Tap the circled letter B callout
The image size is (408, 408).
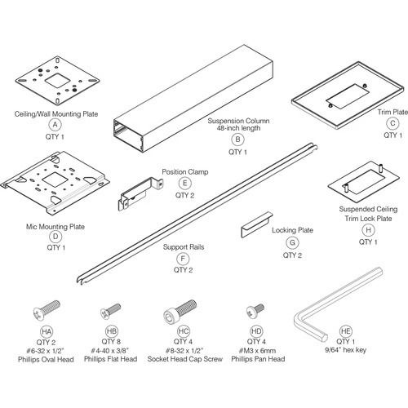coord(237,140)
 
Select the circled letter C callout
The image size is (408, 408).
coord(392,123)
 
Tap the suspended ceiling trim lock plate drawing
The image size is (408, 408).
coord(353,180)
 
